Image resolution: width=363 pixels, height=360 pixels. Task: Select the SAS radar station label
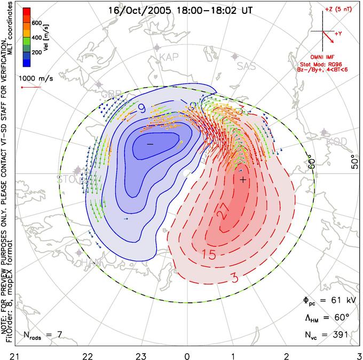tap(246, 66)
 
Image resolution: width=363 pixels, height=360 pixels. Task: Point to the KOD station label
tap(336, 141)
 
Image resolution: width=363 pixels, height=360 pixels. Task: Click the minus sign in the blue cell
tap(150, 144)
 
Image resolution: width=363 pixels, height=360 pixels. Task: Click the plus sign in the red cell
tap(243, 180)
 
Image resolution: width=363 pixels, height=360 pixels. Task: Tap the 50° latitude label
tap(355, 164)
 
